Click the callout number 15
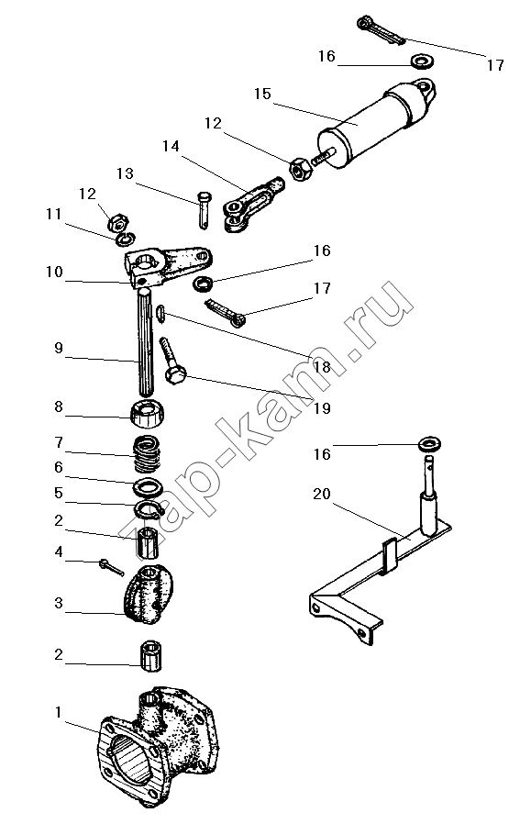[262, 95]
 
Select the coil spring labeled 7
[146, 453]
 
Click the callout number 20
[321, 495]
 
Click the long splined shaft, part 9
[146, 341]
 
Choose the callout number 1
[59, 713]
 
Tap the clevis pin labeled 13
[205, 210]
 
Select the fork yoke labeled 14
[253, 204]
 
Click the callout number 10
[54, 273]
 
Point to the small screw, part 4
[111, 567]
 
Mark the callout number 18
[321, 367]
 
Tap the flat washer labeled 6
[148, 486]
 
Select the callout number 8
[58, 406]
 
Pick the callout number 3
[59, 604]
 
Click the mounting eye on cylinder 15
[424, 87]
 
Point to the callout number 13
[125, 174]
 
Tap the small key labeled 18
[161, 313]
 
